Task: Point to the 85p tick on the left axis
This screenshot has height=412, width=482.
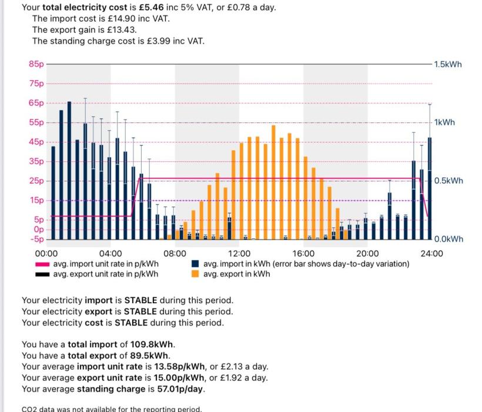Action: tap(36, 64)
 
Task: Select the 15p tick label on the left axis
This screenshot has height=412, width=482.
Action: tap(36, 201)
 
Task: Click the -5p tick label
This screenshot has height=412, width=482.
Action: tap(36, 240)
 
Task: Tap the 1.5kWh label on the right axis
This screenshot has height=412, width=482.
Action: tap(448, 64)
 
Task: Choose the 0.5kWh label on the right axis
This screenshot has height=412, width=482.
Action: tap(448, 181)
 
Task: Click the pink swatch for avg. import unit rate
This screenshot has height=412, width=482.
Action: tap(43, 264)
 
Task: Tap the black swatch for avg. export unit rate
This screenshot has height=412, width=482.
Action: tap(43, 274)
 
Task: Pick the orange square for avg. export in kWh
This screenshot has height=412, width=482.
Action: tap(195, 274)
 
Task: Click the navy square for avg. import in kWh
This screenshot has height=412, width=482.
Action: tap(195, 264)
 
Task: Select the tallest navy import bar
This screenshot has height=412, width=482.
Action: tap(69, 171)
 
